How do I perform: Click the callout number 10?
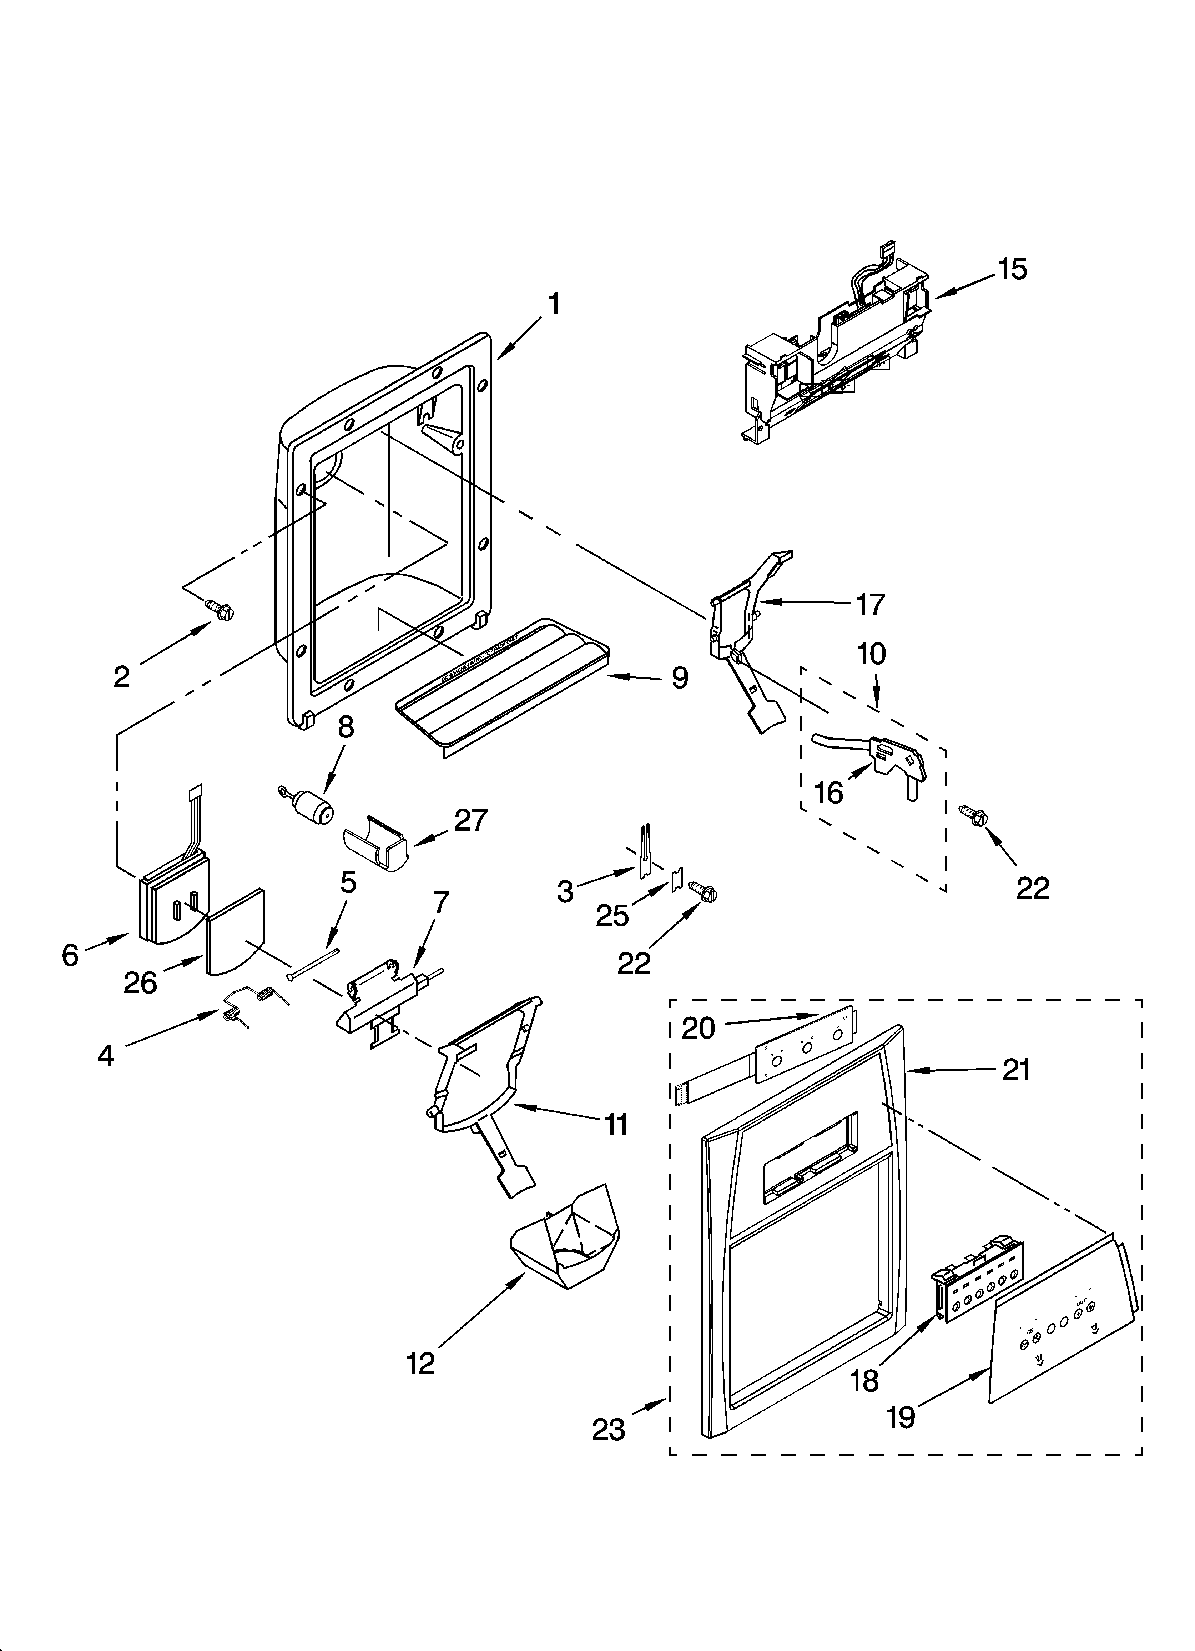tap(871, 654)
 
